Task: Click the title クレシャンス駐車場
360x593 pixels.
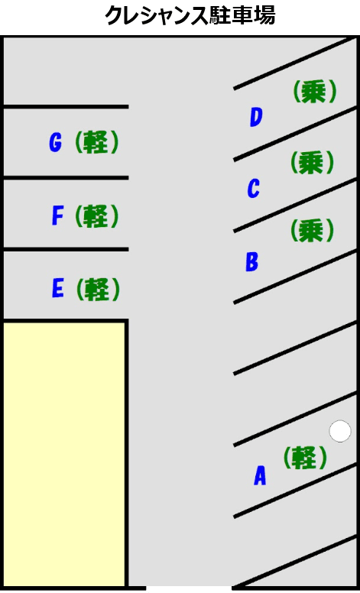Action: tap(190, 16)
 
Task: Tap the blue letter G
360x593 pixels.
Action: tap(55, 143)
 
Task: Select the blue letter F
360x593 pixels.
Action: tap(57, 216)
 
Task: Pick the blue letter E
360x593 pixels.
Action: tap(57, 289)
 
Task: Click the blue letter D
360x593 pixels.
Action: tap(256, 117)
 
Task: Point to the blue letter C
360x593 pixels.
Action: tap(254, 188)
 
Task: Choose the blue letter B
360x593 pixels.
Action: tap(252, 261)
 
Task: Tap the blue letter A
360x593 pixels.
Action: tap(260, 475)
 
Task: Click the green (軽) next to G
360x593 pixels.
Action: tap(97, 142)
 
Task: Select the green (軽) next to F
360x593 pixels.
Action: tap(97, 216)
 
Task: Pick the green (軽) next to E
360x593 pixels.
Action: tap(98, 290)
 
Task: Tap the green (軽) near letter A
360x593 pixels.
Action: tap(305, 458)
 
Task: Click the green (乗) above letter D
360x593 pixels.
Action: tap(315, 92)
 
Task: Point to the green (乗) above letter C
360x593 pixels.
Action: tap(313, 163)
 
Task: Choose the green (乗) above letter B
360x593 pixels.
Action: tap(313, 231)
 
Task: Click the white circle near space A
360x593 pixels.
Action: tap(340, 431)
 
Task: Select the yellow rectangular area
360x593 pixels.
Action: tap(64, 454)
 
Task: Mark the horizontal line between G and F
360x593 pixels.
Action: tap(66, 177)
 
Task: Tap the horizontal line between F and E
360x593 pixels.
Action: tap(66, 249)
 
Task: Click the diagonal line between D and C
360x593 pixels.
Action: tap(295, 134)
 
